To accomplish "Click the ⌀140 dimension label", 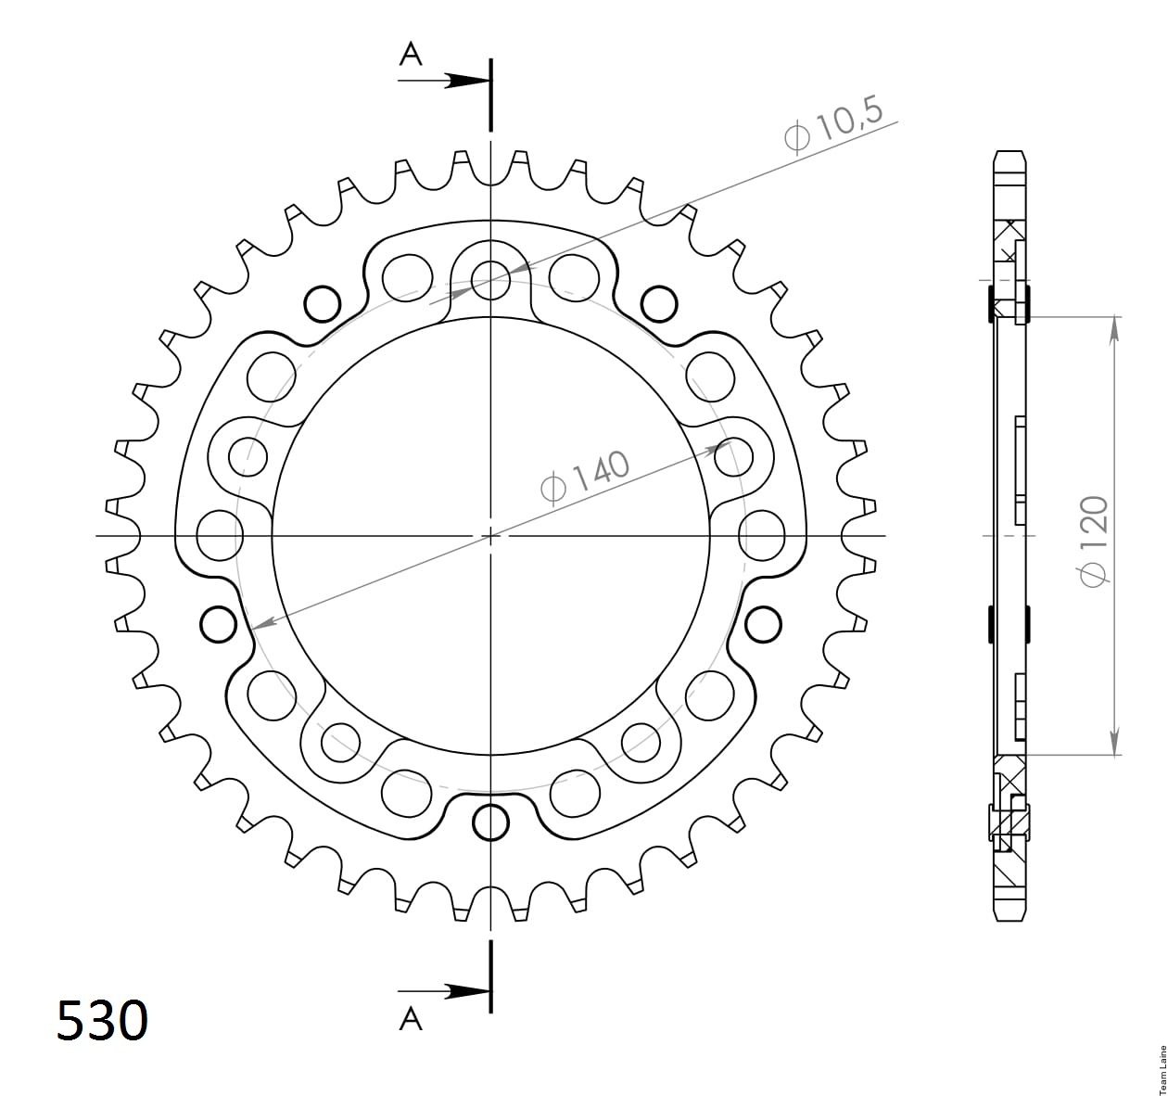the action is pos(585,478).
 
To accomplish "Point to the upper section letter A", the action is pos(411,56).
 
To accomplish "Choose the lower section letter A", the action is pos(411,1018).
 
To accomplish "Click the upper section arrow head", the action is pos(467,81).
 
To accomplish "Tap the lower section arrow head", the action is pos(467,991).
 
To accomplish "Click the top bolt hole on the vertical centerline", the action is pos(490,280).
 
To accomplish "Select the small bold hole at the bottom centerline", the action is pos(490,822).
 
